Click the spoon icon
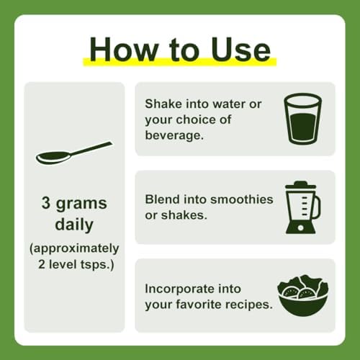(x=74, y=153)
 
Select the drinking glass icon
(x=302, y=119)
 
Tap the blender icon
(x=303, y=207)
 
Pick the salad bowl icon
(x=303, y=295)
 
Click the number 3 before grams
(x=45, y=202)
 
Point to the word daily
(x=74, y=225)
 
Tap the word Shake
(x=163, y=104)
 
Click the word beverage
(x=174, y=135)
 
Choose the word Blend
(x=162, y=199)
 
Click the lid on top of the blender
(x=300, y=184)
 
